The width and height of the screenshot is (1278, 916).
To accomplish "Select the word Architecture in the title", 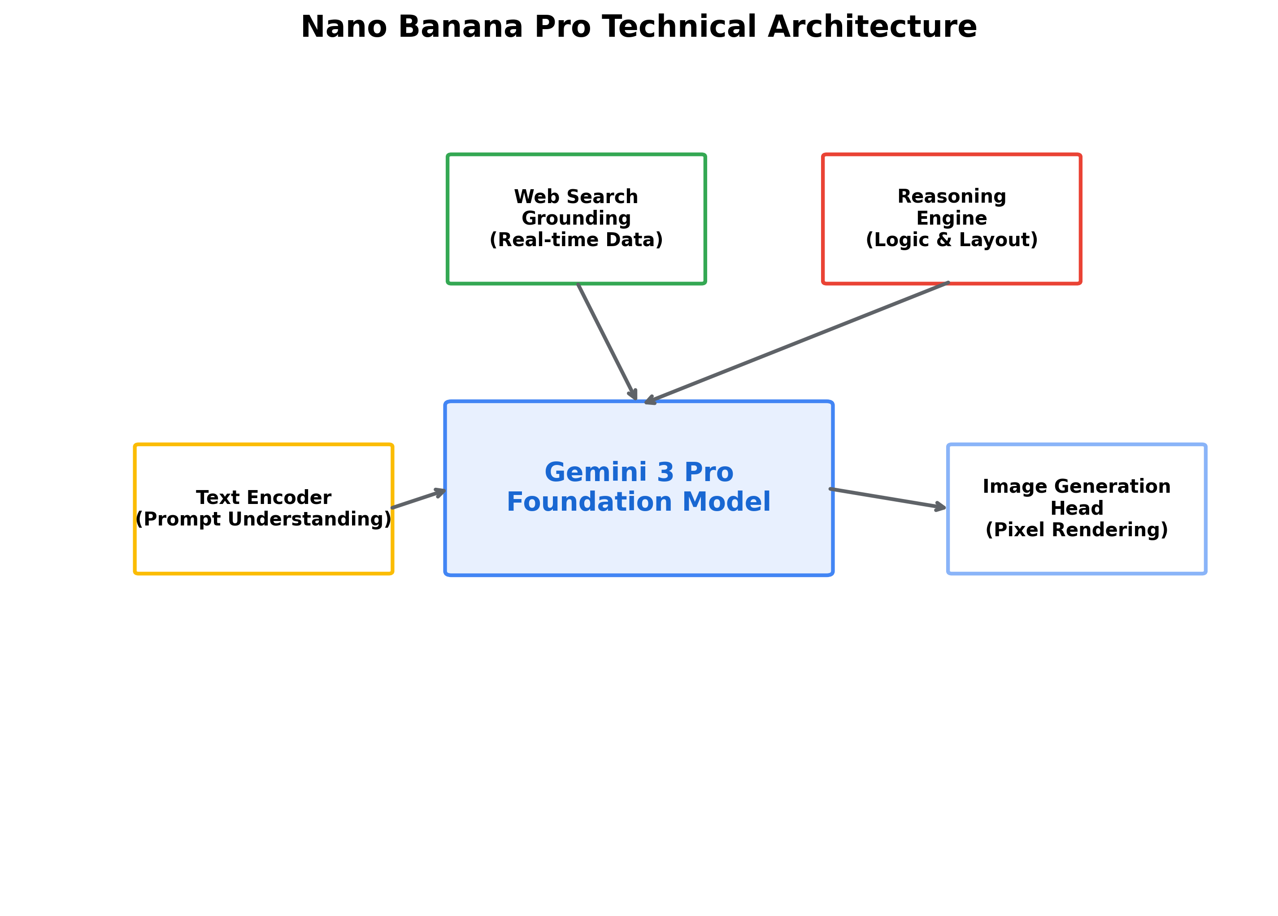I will (872, 27).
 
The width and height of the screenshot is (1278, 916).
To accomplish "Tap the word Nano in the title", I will (344, 27).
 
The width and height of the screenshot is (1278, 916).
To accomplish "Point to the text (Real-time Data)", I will (576, 240).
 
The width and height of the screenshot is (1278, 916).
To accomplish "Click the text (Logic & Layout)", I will (951, 240).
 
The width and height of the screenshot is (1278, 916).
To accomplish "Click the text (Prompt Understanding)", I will (263, 519).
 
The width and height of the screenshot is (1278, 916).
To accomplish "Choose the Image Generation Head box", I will (1076, 555).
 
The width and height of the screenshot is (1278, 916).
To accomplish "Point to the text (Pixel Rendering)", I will (1076, 530).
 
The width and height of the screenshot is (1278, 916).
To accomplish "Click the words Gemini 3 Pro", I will (639, 472).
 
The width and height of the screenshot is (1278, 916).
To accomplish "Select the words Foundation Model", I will (639, 502).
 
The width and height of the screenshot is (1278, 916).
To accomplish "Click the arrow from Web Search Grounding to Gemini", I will (607, 341).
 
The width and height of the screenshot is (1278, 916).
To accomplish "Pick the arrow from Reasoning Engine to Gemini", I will (797, 343).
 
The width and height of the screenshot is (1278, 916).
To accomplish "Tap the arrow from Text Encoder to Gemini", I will (418, 499).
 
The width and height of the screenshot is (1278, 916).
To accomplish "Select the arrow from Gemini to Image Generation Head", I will (887, 499).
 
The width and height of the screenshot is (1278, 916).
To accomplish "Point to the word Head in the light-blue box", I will (1076, 508).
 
